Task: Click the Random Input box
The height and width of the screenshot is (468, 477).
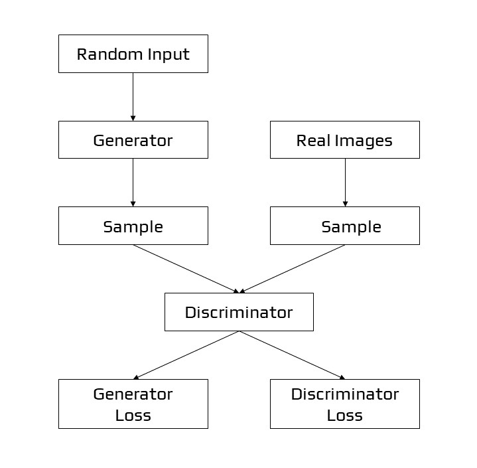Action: pos(133,54)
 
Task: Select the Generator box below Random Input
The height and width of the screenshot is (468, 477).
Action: pos(133,140)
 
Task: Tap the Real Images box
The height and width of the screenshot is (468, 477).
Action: pos(344,140)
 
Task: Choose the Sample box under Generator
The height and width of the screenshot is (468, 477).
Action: pos(133,226)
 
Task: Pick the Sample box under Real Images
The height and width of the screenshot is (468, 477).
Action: pos(344,226)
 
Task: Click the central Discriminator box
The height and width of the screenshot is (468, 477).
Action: pos(239,312)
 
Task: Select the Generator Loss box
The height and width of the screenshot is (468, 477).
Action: pos(133,404)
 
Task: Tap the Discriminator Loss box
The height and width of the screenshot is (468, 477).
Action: pos(344,404)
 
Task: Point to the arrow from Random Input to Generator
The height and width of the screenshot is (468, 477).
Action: pos(133,96)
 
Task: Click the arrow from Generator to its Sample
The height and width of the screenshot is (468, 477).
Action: pos(133,182)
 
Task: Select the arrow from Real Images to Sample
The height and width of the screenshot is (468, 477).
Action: pos(344,182)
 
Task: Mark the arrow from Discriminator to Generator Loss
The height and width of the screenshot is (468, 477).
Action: pos(186,355)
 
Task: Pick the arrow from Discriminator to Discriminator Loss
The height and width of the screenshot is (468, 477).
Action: pos(292,355)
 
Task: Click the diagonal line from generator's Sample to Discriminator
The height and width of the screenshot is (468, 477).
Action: pos(186,269)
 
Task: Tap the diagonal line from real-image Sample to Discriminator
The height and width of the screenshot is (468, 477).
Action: pos(292,269)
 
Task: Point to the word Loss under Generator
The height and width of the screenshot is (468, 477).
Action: pos(133,416)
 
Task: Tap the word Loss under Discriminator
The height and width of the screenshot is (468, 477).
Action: pos(344,416)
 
